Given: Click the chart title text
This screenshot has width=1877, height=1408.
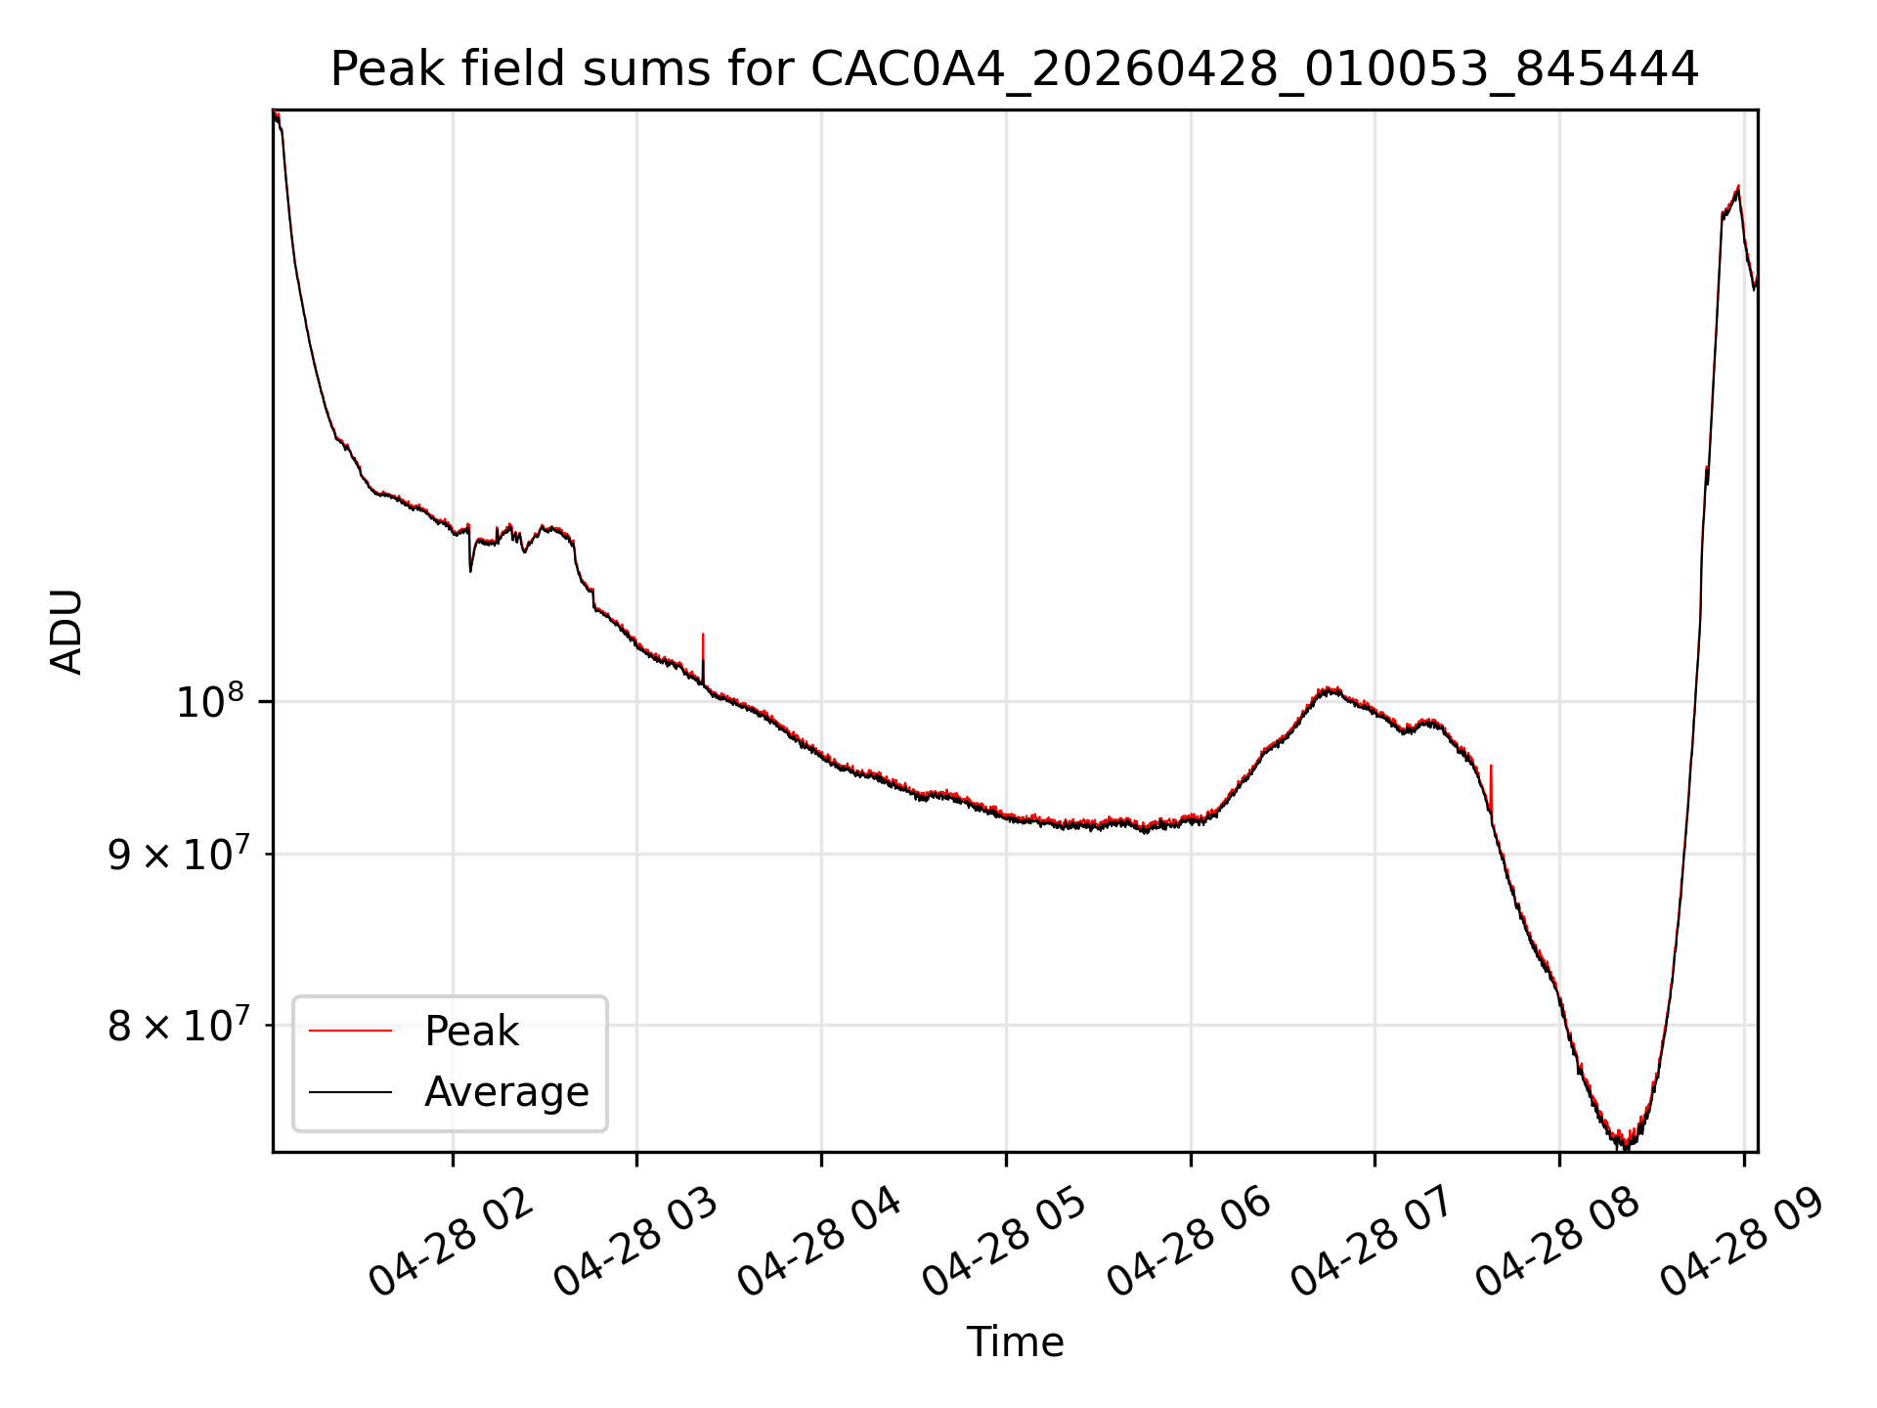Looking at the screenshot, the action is [x=1015, y=69].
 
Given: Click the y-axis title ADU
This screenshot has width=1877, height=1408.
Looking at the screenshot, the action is [x=66, y=632].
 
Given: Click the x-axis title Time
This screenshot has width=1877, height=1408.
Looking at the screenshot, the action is [x=1015, y=1342].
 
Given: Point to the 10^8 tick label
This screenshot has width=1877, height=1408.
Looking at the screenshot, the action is [x=209, y=702].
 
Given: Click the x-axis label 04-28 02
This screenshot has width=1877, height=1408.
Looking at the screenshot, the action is [x=452, y=1243].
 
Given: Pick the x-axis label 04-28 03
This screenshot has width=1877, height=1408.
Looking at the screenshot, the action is [x=636, y=1243].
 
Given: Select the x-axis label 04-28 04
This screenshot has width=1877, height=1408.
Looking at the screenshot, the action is [x=820, y=1243].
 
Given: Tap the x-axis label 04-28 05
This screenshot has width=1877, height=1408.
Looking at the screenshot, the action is [x=1005, y=1243].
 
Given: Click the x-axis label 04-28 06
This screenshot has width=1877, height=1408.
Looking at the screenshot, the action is [x=1190, y=1243].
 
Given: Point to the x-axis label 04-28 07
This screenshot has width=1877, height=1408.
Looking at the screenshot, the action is [x=1374, y=1243].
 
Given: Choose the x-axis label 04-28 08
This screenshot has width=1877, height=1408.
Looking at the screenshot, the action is [x=1558, y=1243].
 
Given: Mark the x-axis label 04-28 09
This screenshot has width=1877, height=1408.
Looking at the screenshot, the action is [x=1743, y=1243].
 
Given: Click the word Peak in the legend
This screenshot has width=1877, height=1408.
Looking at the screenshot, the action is [x=471, y=1032].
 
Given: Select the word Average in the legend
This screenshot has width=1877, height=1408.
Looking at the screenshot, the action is [x=506, y=1092].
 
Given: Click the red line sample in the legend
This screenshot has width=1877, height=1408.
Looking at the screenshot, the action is [x=350, y=1031].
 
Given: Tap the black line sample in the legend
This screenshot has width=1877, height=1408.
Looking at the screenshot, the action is [x=350, y=1091].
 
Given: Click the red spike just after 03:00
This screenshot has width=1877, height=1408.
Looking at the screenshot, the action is [x=703, y=650].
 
